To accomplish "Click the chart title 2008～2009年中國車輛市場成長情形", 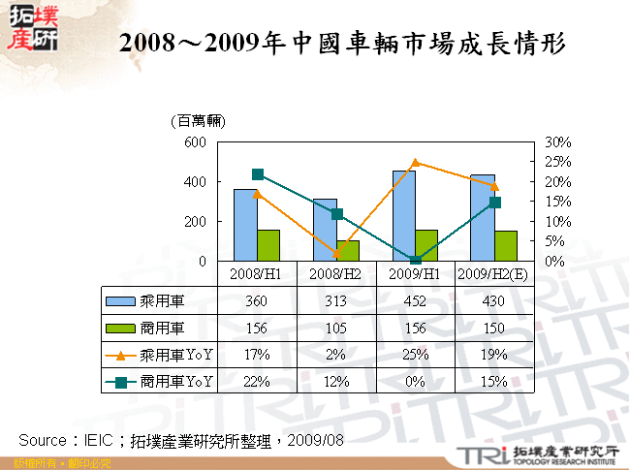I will pyautogui.click(x=341, y=45).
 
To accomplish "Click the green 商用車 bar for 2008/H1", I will pyautogui.click(x=268, y=245).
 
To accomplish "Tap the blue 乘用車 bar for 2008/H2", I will pyautogui.click(x=325, y=230).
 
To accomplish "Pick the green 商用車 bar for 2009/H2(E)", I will pyautogui.click(x=505, y=245).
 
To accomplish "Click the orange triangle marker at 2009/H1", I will pyautogui.click(x=415, y=163).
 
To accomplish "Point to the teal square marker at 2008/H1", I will pyautogui.click(x=258, y=174).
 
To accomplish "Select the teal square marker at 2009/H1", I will pyautogui.click(x=415, y=260).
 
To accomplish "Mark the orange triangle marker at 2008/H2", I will pyautogui.click(x=336, y=254).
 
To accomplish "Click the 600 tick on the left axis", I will pyautogui.click(x=195, y=141).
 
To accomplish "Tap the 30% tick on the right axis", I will pyautogui.click(x=558, y=141).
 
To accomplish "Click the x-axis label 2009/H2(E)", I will pyautogui.click(x=492, y=273).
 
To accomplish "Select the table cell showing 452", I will pyautogui.click(x=415, y=300).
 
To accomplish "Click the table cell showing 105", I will pyautogui.click(x=336, y=328).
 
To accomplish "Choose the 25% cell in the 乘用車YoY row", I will pyautogui.click(x=415, y=355).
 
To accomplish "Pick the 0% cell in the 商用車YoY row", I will pyautogui.click(x=415, y=382).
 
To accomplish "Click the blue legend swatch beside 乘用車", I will pyautogui.click(x=121, y=300).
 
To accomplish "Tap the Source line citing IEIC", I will pyautogui.click(x=182, y=439).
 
